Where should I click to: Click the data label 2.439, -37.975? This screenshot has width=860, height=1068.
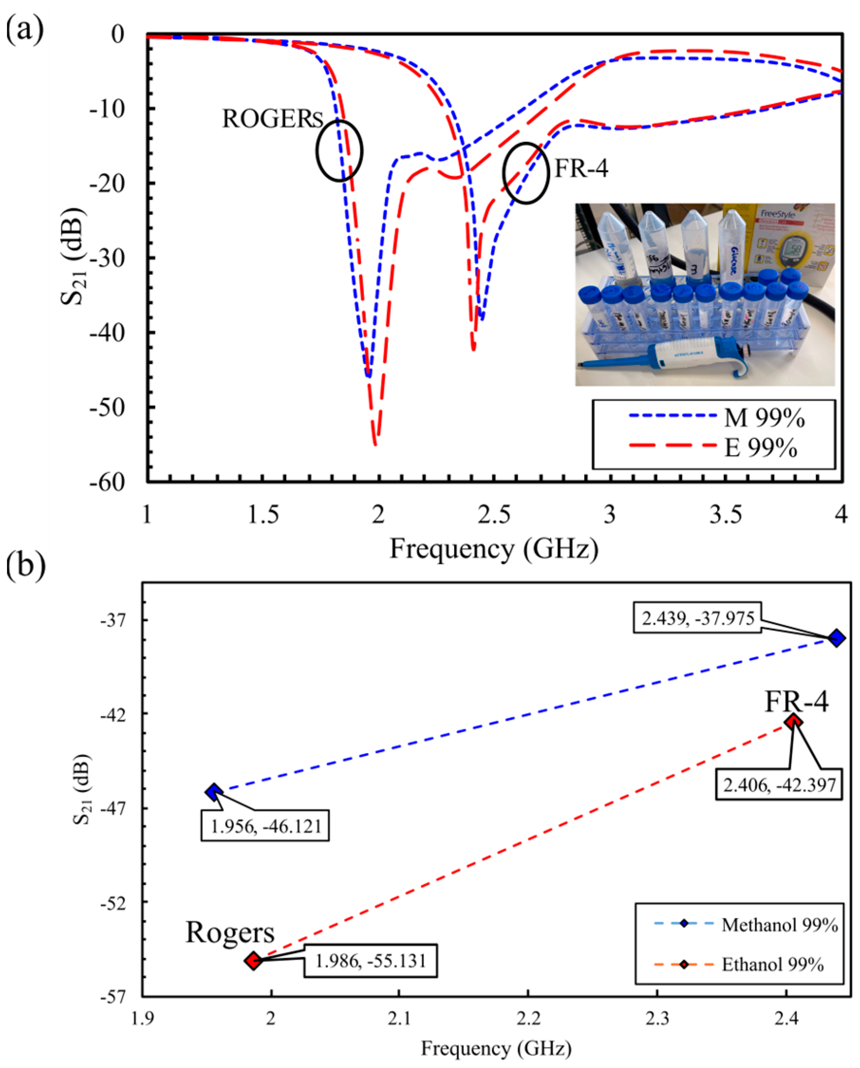(698, 618)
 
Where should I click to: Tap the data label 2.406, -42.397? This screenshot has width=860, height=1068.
(778, 785)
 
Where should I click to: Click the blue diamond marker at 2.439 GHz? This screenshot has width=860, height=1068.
(836, 638)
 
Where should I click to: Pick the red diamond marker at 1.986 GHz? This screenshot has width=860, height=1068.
(253, 961)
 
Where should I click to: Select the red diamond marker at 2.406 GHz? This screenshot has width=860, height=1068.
(794, 722)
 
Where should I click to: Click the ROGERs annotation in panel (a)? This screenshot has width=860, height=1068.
(272, 119)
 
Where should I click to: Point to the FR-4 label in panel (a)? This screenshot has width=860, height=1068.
(581, 168)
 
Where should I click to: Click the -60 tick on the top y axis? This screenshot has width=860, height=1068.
(107, 482)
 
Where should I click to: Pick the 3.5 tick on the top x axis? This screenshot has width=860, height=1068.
(725, 515)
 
